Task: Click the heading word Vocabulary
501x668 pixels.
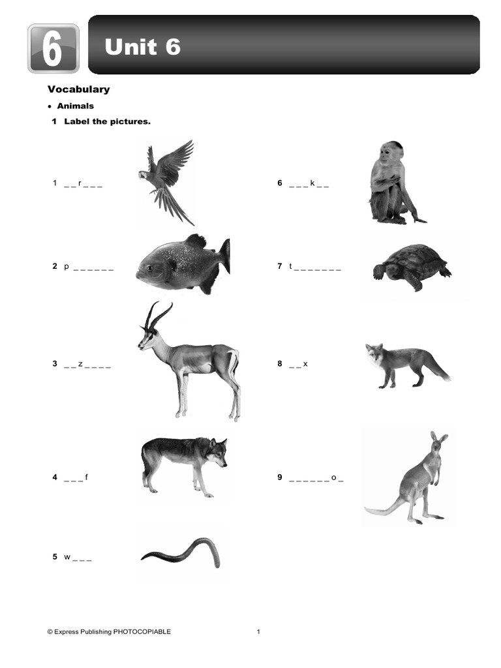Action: [x=78, y=89]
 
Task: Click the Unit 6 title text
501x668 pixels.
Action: [x=142, y=47]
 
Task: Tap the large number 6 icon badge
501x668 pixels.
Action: [x=53, y=48]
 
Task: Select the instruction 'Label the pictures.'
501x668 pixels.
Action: [x=107, y=122]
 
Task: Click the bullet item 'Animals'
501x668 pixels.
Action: [x=75, y=106]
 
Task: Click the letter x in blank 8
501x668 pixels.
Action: [x=305, y=364]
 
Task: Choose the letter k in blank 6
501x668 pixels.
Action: [x=312, y=183]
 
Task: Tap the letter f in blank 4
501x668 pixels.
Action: [x=86, y=478]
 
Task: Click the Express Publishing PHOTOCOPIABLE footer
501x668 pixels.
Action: [x=109, y=631]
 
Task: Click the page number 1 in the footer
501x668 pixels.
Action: [x=258, y=631]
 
